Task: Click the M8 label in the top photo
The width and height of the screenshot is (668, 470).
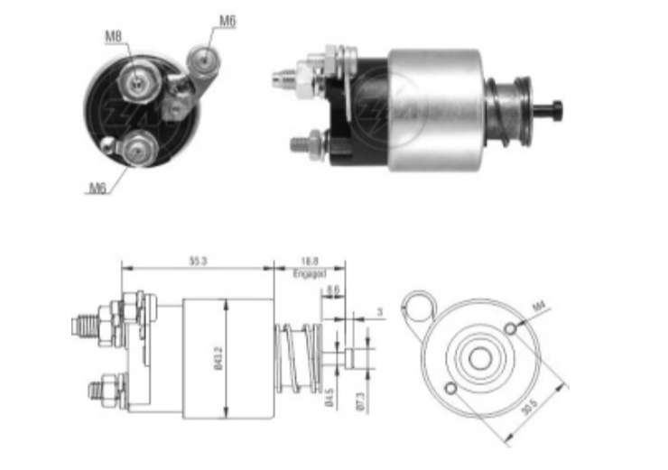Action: click(x=113, y=36)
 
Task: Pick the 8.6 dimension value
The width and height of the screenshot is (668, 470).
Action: click(x=333, y=290)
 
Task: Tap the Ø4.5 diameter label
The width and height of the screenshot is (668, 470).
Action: click(x=329, y=398)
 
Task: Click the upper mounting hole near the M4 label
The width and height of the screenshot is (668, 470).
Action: click(x=510, y=328)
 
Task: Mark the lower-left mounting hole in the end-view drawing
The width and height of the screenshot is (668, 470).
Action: click(x=449, y=389)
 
